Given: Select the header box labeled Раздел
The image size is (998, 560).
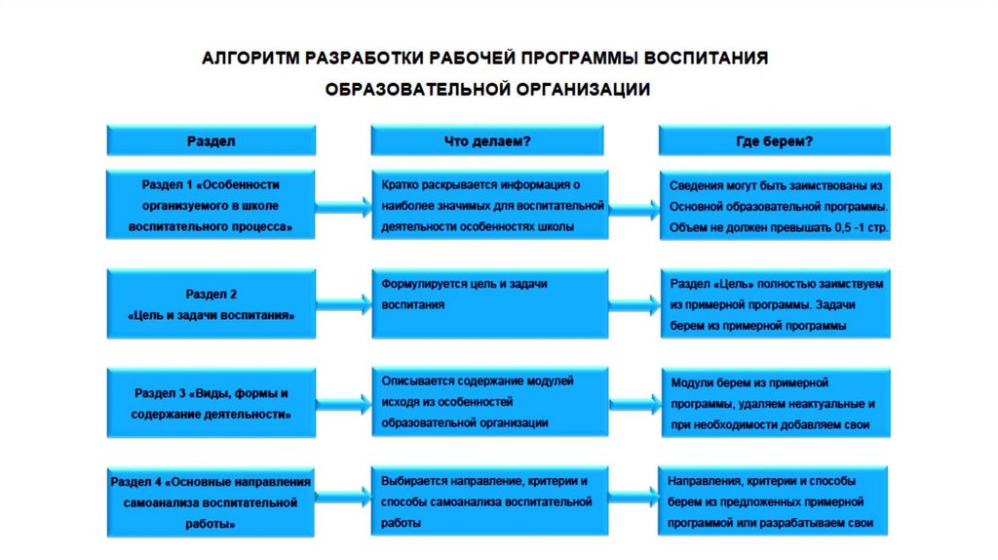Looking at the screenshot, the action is click(x=211, y=140).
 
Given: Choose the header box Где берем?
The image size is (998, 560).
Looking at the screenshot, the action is click(x=774, y=140).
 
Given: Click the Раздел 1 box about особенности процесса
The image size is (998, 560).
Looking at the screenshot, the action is click(x=211, y=204).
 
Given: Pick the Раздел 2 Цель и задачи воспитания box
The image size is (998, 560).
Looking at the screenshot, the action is click(x=211, y=304).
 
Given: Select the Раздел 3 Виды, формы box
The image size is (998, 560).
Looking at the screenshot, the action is click(x=211, y=404).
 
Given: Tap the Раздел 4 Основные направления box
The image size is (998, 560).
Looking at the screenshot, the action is click(x=211, y=502).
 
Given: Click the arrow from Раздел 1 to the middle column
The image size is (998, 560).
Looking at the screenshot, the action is click(x=343, y=205).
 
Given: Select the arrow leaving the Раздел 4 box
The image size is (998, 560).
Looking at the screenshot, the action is click(x=343, y=500).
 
